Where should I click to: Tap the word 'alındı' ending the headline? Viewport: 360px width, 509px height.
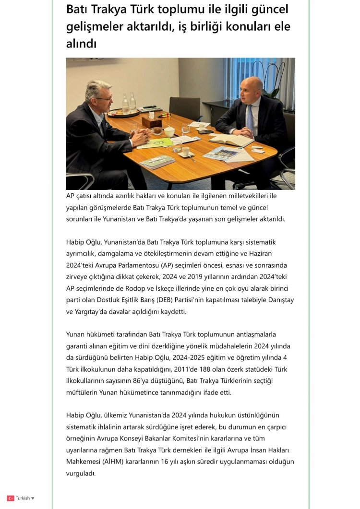pyautogui.click(x=82, y=44)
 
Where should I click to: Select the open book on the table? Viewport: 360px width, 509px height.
pyautogui.click(x=231, y=140)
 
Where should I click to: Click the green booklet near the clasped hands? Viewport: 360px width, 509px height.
pyautogui.click(x=155, y=142)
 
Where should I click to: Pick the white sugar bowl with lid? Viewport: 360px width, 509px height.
pyautogui.click(x=169, y=131)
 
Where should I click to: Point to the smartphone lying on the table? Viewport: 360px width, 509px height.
pyautogui.click(x=205, y=131)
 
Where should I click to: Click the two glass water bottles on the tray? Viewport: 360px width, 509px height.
pyautogui.click(x=129, y=103)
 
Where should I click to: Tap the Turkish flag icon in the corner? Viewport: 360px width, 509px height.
pyautogui.click(x=11, y=498)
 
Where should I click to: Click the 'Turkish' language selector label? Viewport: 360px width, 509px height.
pyautogui.click(x=23, y=498)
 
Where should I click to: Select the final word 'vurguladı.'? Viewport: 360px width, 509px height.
pyautogui.click(x=81, y=473)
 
